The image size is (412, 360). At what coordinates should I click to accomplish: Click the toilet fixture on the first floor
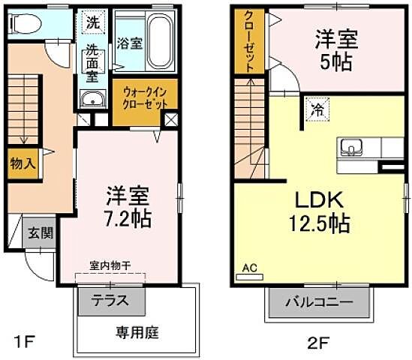coord(22,24)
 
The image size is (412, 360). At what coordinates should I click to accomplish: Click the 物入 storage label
coord(21,163)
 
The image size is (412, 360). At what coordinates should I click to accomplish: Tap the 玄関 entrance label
coord(41,232)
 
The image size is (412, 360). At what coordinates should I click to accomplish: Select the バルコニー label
coord(319,304)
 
